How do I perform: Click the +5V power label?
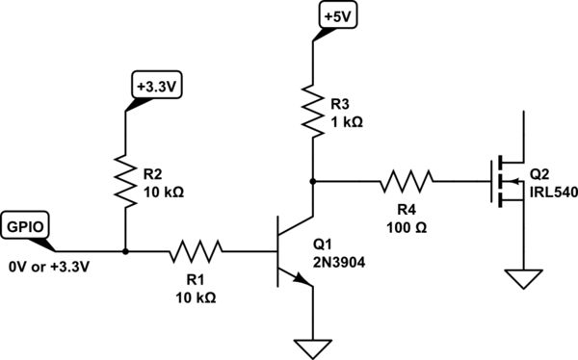pyautogui.click(x=339, y=17)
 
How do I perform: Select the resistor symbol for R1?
pyautogui.click(x=197, y=253)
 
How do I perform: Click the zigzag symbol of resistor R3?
pyautogui.click(x=313, y=108)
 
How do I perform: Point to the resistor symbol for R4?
pyautogui.click(x=406, y=179)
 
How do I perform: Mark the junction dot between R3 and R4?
pyautogui.click(x=313, y=179)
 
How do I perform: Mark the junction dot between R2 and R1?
pyautogui.click(x=125, y=253)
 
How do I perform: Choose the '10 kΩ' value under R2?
pyautogui.click(x=164, y=192)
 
